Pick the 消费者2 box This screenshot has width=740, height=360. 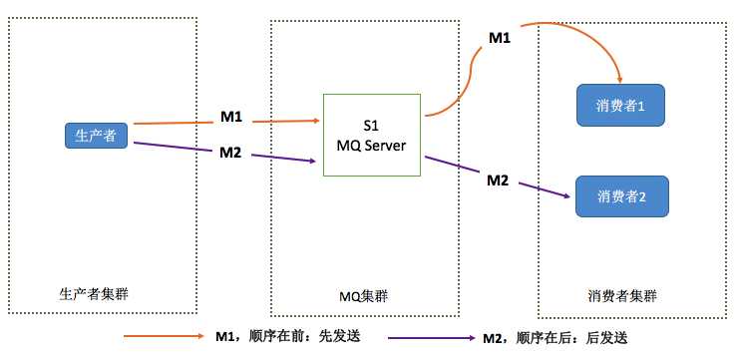click(621, 195)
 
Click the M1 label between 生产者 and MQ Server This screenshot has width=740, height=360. click(231, 117)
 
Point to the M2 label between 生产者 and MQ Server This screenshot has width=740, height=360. click(231, 152)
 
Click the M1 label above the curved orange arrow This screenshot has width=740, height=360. click(499, 37)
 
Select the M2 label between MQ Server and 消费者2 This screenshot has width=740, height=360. click(498, 180)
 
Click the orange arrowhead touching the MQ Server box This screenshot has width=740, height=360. click(316, 120)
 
